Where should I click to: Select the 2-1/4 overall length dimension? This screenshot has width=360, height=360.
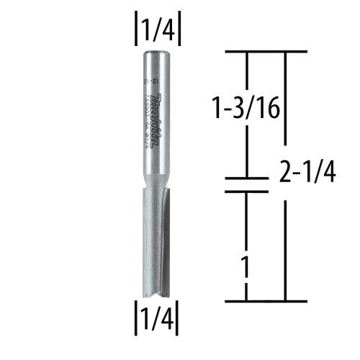pos(305,173)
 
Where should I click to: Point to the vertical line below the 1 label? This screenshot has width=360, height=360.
pos(247,292)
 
